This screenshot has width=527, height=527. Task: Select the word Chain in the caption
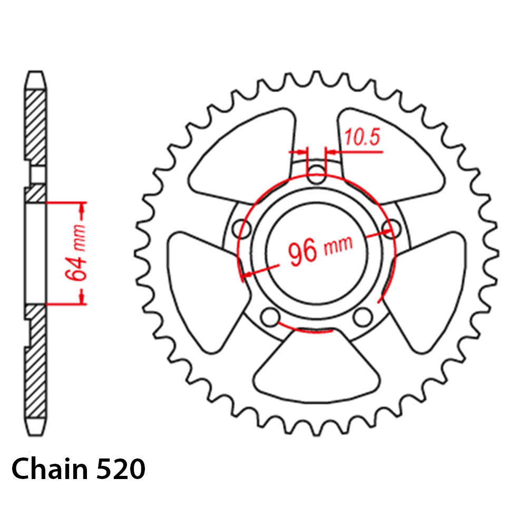[50, 469]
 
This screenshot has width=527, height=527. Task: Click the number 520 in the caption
[121, 469]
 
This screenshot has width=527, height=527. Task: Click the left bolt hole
[243, 228]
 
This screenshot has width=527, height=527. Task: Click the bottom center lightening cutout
[317, 369]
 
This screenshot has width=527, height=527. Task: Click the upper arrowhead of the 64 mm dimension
[82, 213]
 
